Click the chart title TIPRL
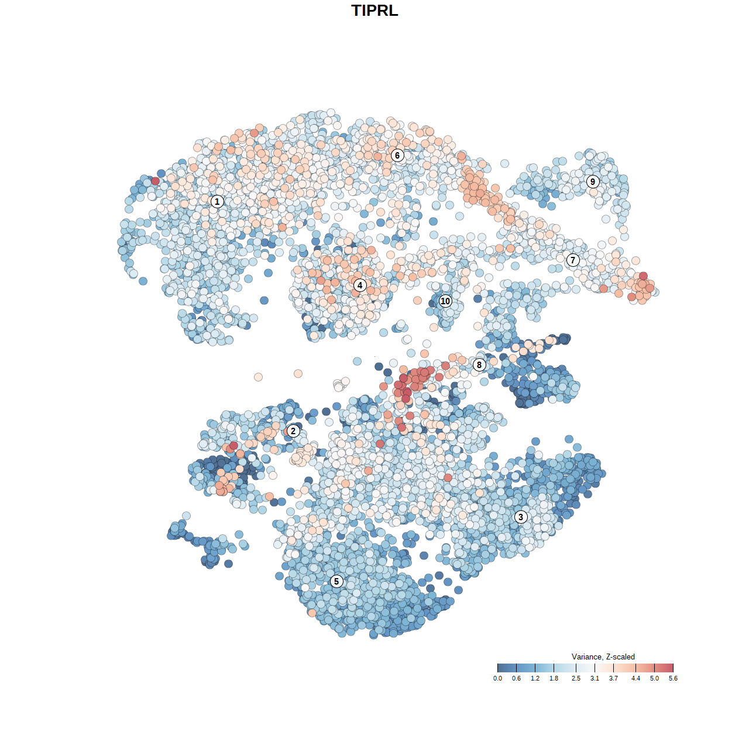(x=374, y=11)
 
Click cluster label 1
(x=217, y=201)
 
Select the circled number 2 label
(x=293, y=431)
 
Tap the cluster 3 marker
(x=521, y=517)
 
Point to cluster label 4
(x=360, y=286)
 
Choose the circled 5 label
(x=336, y=581)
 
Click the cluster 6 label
(x=397, y=155)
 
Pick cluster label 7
(x=573, y=260)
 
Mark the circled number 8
(x=479, y=365)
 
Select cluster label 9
(x=593, y=181)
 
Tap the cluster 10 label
(x=445, y=301)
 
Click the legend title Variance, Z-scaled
(x=603, y=657)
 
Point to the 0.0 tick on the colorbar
(x=497, y=679)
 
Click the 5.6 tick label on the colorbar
(x=673, y=679)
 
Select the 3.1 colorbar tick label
(x=595, y=679)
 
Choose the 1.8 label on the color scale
(x=554, y=679)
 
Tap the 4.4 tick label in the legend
(x=635, y=679)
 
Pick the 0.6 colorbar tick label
(x=516, y=679)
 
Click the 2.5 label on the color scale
(x=576, y=679)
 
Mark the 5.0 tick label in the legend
(x=654, y=679)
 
